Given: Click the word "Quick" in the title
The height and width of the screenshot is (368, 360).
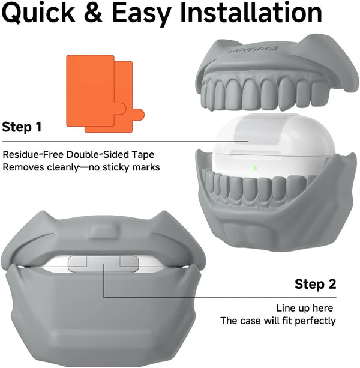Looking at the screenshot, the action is tap(38, 13).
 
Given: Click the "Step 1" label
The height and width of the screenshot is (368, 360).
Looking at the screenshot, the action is tap(22, 127).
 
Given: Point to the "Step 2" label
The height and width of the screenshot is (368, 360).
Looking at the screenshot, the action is tap(316, 284).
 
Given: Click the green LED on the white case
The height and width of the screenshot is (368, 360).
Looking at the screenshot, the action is tap(256, 168).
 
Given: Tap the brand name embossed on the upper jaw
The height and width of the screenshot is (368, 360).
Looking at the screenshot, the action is tap(253, 49).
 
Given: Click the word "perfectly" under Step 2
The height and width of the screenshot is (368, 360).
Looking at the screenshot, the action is tap(315, 321).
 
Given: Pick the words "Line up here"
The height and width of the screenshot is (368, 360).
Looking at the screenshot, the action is tap(304, 308).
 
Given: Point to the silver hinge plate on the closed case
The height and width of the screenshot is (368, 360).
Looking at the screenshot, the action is tap(103, 264).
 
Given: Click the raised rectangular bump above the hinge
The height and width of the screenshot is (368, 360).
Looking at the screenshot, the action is tap(103, 232).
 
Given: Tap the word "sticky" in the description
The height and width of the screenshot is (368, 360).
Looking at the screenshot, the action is tap(115, 167).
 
